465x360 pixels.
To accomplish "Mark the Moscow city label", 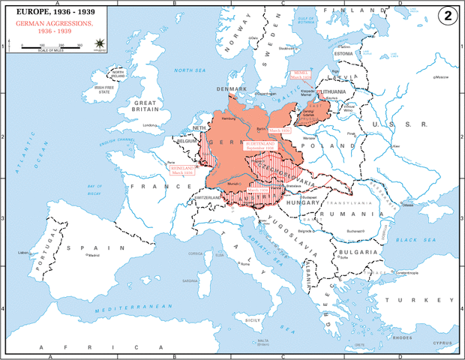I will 436,78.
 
